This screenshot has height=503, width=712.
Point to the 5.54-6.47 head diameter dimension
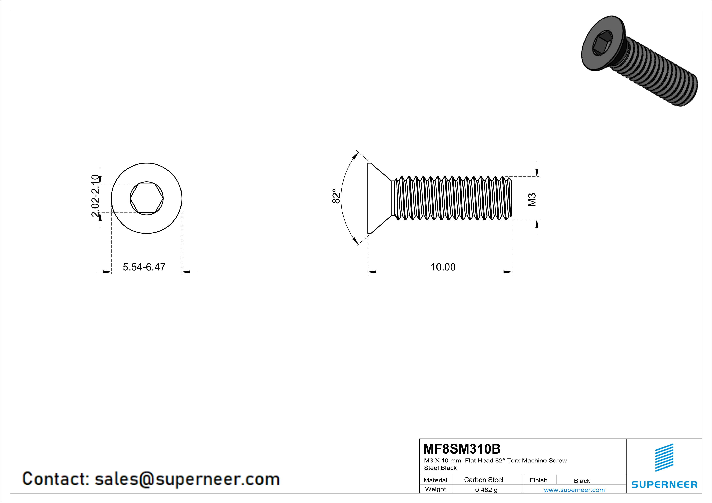[144, 267]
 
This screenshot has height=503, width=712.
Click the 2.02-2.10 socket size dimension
[95, 196]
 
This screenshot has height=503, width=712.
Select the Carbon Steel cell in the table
[483, 480]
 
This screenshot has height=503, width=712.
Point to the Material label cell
[435, 480]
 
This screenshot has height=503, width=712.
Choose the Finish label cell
[538, 480]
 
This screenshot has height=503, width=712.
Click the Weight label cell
[435, 489]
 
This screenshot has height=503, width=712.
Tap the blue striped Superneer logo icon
[664, 458]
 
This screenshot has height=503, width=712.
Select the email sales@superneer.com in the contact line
[187, 479]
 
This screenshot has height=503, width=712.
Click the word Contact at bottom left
[55, 479]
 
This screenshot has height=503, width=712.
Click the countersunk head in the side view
[377, 198]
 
